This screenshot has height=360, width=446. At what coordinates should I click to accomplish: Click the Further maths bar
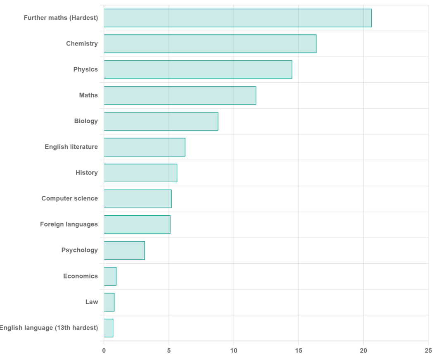pos(238,18)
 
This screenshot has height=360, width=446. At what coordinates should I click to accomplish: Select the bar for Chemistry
pos(210,44)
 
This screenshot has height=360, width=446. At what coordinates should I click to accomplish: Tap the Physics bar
pos(198,70)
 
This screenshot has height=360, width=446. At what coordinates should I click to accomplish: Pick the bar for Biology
pos(161,121)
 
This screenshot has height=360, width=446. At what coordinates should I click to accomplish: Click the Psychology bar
pos(124,250)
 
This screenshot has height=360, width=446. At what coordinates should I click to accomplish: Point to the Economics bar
pos(110,277)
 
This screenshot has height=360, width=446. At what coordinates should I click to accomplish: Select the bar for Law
pos(109,302)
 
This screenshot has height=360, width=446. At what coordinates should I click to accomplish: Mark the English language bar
pos(108,328)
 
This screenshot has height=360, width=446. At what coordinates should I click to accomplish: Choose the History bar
pos(140,173)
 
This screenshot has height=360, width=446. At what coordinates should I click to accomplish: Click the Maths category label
pos(88,95)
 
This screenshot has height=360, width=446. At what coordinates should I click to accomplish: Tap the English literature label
pos(71,147)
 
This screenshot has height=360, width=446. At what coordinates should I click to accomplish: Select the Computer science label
pos(70,198)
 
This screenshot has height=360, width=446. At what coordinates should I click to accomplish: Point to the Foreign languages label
pos(69,224)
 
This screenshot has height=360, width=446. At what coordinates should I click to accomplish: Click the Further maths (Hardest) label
pos(61,18)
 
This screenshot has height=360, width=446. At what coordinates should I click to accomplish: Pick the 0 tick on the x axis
pos(104,350)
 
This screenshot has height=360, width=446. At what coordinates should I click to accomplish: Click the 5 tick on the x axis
pos(169,350)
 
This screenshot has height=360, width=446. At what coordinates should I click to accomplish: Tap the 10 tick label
pos(234,350)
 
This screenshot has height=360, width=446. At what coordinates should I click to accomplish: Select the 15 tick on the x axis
pos(299,350)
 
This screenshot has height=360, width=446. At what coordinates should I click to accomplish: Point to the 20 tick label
pos(363,350)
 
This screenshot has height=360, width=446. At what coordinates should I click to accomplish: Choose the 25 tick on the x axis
pos(428,350)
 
